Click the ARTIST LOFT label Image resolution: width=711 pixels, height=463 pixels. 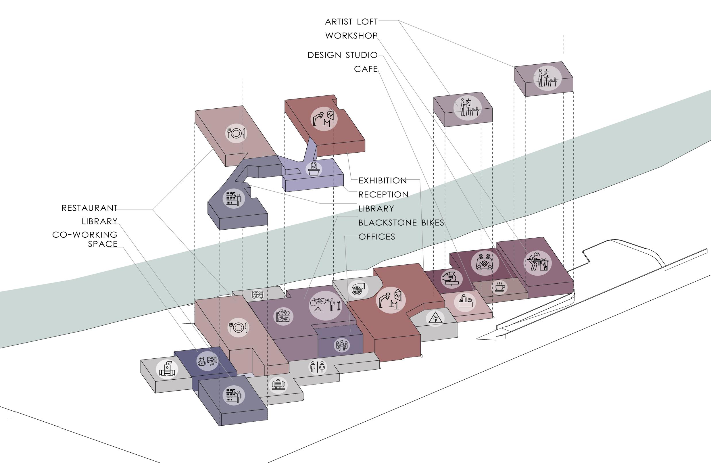point(351,22)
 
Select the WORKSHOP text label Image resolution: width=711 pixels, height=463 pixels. point(351,36)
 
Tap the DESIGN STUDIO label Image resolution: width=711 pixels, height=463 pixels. point(343,55)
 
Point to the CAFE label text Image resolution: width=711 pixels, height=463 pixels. point(366,69)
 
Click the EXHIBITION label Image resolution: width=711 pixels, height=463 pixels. point(383,181)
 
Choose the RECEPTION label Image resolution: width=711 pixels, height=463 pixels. point(383,195)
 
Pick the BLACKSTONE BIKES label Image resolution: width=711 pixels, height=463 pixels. point(401,223)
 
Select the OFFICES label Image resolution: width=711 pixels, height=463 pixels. point(376,237)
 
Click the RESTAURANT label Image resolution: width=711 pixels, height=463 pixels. point(89,208)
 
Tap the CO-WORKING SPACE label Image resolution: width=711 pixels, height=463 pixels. point(85,239)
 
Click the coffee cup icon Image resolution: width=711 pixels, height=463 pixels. point(499,287)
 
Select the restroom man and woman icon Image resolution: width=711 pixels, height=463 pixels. point(317,367)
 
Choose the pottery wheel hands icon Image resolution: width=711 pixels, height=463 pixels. point(451,279)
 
